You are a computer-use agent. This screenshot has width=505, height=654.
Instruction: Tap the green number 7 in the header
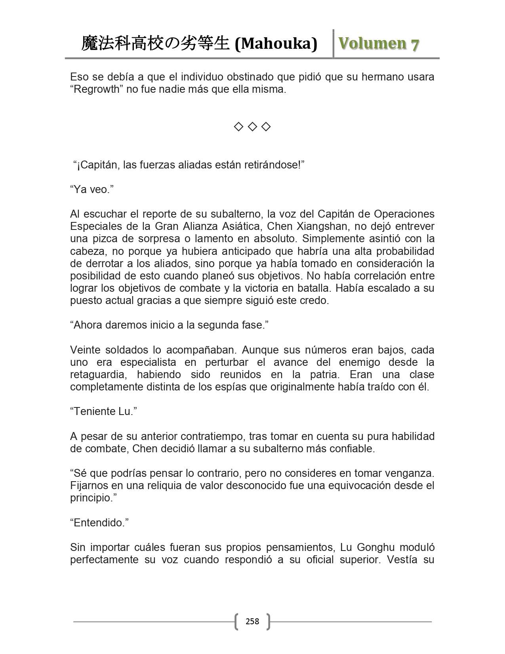pyautogui.click(x=415, y=44)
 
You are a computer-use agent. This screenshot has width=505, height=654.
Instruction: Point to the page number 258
pyautogui.click(x=252, y=621)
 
